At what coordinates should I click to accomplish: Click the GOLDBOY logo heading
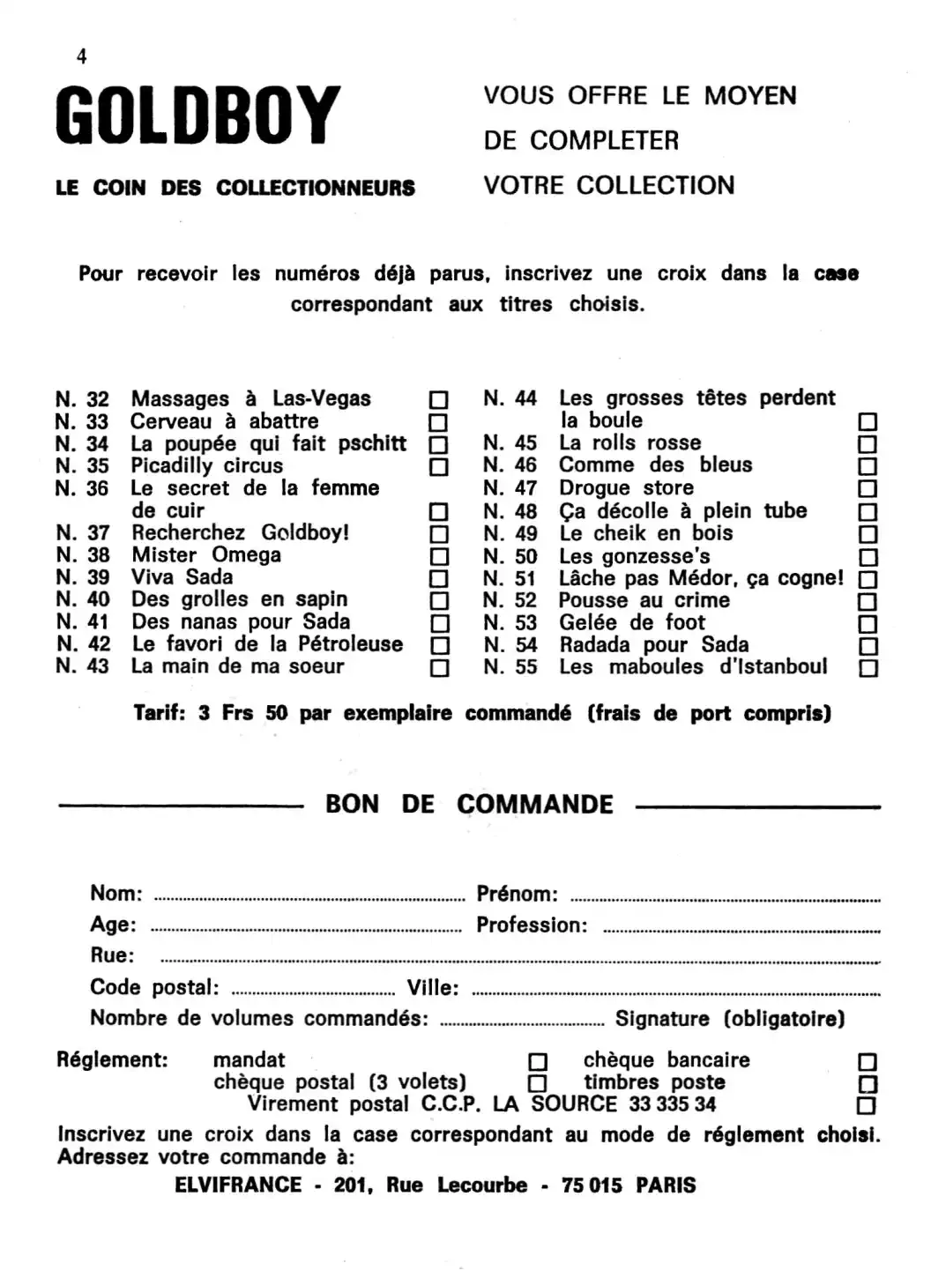197,115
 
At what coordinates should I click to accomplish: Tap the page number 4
82,57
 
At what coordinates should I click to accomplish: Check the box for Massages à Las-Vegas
438,400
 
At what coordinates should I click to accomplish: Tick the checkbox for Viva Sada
438,579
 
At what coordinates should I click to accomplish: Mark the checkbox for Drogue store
868,489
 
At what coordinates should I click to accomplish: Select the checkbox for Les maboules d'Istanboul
868,668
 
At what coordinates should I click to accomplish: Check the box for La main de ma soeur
438,668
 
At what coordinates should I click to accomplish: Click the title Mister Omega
206,555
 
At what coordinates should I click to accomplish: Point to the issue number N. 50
510,556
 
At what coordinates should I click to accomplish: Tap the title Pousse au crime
644,601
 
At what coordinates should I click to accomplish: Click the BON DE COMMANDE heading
469,805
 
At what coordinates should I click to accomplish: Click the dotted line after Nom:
309,899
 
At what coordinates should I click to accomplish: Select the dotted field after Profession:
741,930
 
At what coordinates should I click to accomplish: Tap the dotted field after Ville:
675,992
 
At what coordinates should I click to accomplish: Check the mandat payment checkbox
537,1062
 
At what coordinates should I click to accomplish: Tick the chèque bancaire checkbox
868,1062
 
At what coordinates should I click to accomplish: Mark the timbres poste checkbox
868,1084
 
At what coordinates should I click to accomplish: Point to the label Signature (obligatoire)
730,1020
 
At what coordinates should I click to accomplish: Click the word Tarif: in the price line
160,713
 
